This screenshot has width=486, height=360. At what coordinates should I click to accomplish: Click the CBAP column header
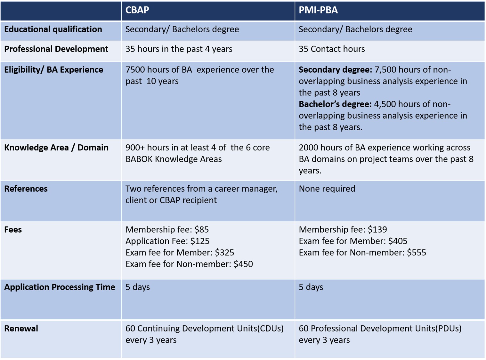pos(137,10)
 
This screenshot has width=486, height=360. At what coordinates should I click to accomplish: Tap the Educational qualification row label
pos(53,29)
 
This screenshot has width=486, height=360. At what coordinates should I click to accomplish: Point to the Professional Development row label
pos(56,49)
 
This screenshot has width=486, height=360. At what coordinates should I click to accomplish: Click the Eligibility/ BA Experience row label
pos(53,70)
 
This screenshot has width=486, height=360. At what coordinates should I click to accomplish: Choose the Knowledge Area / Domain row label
pos(56,148)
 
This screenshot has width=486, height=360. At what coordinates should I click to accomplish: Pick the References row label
pos(26,189)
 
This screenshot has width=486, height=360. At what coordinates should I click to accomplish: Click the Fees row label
pos(13,230)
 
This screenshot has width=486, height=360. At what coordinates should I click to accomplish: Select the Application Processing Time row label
pos(60,287)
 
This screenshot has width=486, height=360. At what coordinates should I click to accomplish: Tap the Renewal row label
pos(21,329)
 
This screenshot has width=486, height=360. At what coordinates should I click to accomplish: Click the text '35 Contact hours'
pos(332,49)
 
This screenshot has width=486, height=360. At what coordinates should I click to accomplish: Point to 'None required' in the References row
pos(327,189)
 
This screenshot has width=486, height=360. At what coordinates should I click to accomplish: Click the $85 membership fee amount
pos(202,230)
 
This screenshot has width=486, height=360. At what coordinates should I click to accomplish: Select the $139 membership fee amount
pos(377,230)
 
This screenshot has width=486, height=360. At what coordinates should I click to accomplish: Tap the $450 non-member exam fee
pos(243,264)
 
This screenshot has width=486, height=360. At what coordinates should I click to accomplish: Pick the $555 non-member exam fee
pos(417,253)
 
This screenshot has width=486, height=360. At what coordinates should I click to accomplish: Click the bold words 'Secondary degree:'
pos(335,70)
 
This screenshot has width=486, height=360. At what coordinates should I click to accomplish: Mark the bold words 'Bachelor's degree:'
pos(335,104)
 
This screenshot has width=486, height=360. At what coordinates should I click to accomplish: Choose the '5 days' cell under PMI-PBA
pos(311,287)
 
